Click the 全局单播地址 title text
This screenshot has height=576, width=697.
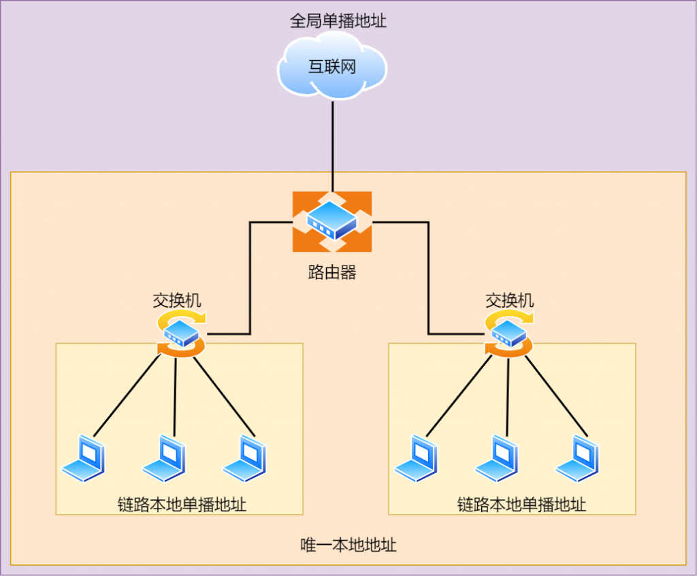click(338, 20)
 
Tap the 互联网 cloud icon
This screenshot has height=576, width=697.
click(332, 66)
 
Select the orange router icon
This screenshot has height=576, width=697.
click(332, 221)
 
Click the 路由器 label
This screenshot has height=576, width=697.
click(332, 272)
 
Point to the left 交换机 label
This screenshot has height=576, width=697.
click(177, 301)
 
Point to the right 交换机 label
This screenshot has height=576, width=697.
click(509, 301)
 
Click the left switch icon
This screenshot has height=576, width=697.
click(181, 334)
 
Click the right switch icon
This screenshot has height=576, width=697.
click(509, 334)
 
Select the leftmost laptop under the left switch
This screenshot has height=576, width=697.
click(84, 458)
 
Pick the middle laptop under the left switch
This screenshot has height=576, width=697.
click(164, 458)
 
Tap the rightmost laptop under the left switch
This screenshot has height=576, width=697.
click(244, 458)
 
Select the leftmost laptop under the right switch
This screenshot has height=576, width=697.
click(416, 458)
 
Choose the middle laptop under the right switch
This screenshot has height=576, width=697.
click(496, 458)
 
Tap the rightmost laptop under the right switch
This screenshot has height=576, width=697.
click(577, 458)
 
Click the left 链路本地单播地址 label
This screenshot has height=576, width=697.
click(182, 505)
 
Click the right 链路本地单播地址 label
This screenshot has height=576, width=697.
click(521, 505)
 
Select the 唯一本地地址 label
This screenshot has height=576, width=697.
click(348, 545)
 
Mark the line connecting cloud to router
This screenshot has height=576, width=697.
click(332, 146)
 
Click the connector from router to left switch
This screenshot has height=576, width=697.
click(250, 278)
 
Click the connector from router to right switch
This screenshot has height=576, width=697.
click(428, 278)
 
